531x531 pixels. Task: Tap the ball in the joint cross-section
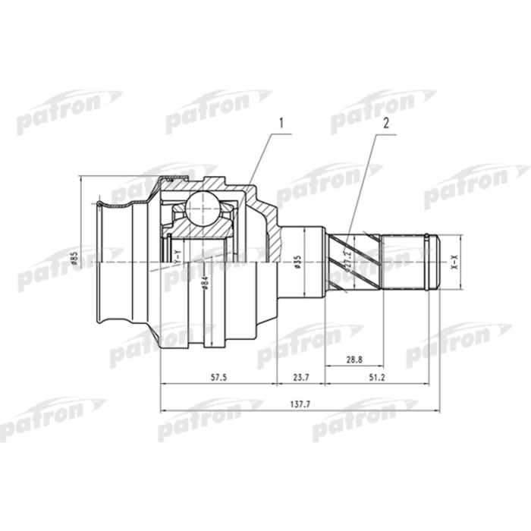203,206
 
